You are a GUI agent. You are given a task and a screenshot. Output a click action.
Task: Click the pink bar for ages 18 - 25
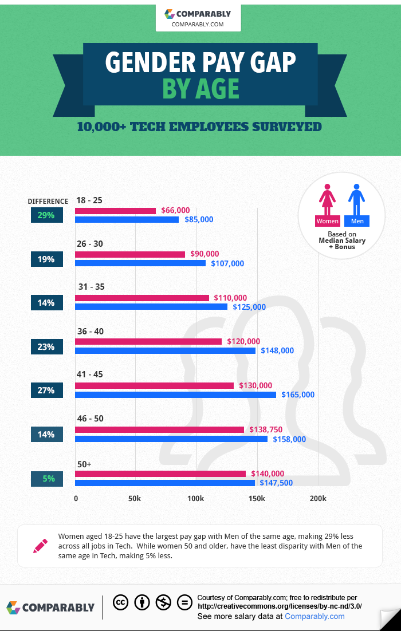116,211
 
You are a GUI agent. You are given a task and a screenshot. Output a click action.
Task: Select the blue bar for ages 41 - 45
176,395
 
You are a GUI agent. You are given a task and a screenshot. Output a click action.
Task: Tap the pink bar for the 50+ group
160,474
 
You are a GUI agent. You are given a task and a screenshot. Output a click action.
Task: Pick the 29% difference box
46,215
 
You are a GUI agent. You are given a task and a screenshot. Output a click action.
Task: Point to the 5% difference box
46,478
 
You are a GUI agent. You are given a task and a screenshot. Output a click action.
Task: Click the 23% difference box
46,346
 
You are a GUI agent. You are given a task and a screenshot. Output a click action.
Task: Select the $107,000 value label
227,263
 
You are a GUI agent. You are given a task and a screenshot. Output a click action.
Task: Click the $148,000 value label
277,350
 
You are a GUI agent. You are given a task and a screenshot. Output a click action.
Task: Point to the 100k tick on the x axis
196,498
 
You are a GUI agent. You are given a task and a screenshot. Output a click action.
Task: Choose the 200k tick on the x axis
318,498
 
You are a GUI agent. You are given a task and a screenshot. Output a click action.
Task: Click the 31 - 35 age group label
92,287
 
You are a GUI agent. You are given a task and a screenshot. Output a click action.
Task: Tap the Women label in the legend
327,221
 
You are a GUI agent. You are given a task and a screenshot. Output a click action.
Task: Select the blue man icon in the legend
357,198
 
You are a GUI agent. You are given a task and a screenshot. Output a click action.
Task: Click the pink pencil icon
40,546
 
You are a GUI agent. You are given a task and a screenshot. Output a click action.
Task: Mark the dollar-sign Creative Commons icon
163,602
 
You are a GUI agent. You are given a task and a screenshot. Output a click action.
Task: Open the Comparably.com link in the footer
314,616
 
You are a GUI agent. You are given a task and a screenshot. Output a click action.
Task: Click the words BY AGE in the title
200,89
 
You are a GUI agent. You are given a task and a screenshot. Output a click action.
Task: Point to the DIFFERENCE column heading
48,201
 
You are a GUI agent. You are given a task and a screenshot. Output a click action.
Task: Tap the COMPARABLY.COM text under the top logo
198,24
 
